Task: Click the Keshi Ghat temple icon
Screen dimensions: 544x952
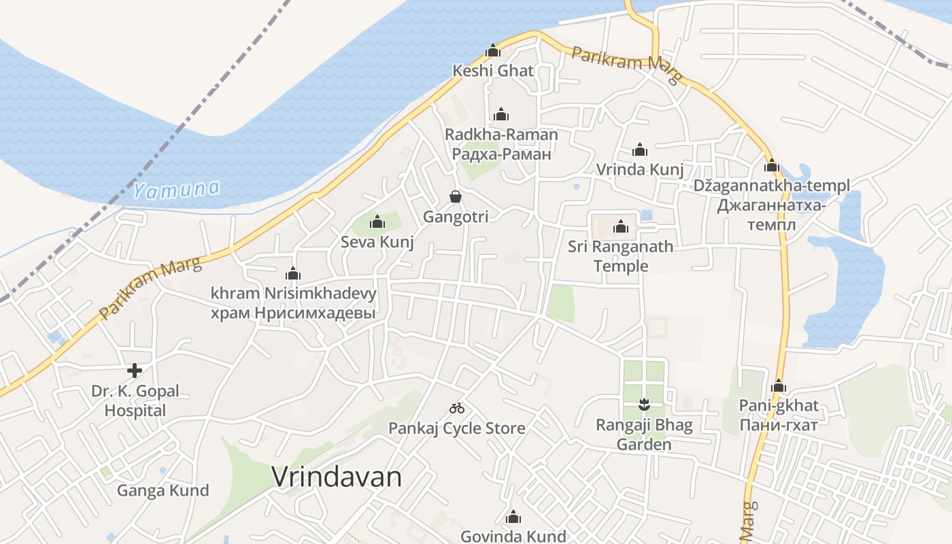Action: [493, 50]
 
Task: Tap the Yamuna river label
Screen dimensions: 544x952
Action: [177, 189]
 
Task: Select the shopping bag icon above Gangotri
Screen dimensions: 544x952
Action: [456, 197]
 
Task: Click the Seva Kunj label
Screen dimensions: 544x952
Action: [377, 242]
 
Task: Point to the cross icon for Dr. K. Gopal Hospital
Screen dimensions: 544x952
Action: [135, 371]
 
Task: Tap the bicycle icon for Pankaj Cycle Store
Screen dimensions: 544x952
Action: [457, 408]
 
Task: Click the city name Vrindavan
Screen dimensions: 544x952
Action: [337, 477]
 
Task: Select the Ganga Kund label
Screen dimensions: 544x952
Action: [163, 490]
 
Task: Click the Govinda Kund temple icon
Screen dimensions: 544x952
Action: [513, 517]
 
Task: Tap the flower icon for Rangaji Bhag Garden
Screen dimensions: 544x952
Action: [643, 406]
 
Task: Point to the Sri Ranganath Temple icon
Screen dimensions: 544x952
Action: [620, 226]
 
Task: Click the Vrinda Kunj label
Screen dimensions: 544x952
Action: [640, 169]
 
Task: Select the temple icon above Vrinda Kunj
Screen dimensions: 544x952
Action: [640, 150]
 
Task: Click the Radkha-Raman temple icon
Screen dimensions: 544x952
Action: [501, 114]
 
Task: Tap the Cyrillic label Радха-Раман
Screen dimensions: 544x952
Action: [501, 154]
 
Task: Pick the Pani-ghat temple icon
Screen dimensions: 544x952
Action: [779, 386]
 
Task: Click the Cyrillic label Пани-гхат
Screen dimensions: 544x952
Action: [779, 424]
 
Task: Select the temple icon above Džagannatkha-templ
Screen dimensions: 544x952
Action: [771, 165]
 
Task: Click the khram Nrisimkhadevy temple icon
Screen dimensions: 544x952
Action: [293, 274]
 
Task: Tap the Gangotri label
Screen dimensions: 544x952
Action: [456, 217]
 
